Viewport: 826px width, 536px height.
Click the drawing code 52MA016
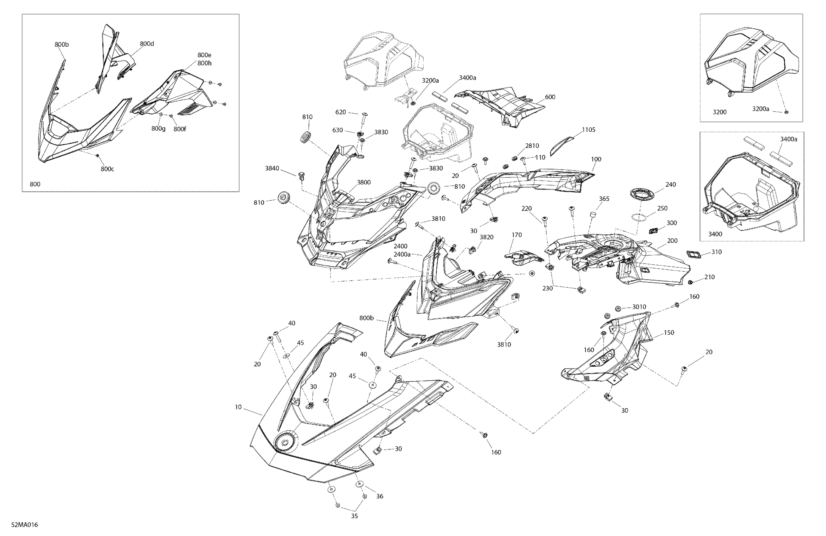(24, 524)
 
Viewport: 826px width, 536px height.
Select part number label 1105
(589, 130)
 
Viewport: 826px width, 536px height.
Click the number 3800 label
(364, 182)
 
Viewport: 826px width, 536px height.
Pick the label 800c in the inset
(107, 169)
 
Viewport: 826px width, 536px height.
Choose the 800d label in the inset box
(147, 44)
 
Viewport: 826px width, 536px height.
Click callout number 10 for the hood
(238, 407)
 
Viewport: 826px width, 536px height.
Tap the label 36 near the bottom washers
(380, 496)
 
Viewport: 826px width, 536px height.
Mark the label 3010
(639, 307)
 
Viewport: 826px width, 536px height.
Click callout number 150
(669, 332)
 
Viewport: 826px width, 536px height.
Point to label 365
(604, 199)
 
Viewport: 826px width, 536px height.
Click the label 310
(716, 252)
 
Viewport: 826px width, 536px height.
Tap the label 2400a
(402, 254)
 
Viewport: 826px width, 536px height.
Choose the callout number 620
(341, 112)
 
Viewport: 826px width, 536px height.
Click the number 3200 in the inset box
(719, 112)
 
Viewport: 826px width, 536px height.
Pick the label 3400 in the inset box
(715, 234)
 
